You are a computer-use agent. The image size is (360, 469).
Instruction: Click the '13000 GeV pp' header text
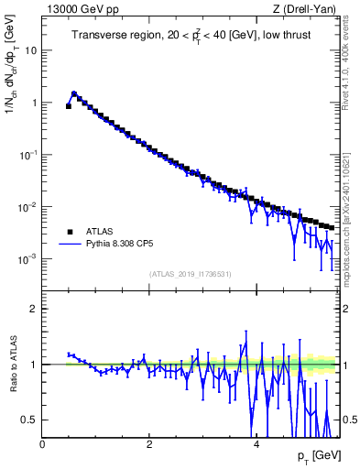pos(74,9)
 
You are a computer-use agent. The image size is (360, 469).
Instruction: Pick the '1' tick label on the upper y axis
pos(35,103)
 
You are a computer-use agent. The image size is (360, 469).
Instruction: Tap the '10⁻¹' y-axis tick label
pos(29,154)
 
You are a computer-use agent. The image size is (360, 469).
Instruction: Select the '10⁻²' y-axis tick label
pos(29,206)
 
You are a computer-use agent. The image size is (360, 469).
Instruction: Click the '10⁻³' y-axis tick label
pos(29,258)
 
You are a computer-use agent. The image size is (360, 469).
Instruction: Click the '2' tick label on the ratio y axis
pos(35,309)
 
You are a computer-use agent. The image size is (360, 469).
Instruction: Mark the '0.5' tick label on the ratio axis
pos(30,420)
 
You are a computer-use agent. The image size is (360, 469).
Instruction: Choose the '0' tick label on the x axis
pos(43,444)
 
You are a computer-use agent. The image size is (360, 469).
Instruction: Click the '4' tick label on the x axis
pos(256,444)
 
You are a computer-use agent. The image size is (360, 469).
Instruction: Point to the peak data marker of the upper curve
pos(74,93)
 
